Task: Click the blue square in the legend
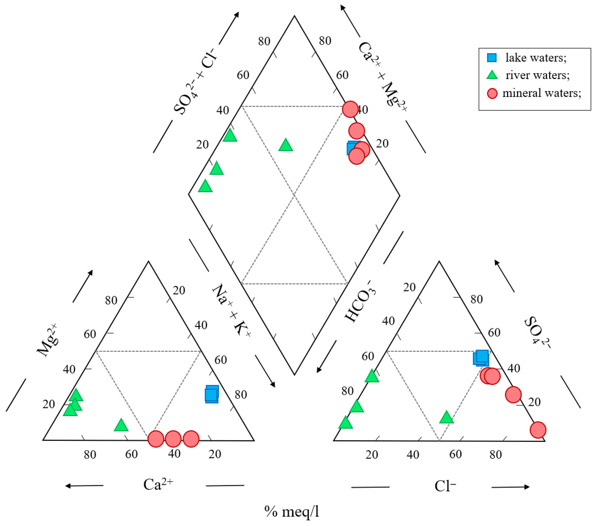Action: (492, 58)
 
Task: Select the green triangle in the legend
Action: (492, 75)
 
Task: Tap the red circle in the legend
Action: (492, 94)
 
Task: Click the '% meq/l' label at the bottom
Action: (292, 511)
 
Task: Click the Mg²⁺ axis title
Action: (47, 340)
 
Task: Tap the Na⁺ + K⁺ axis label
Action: (232, 311)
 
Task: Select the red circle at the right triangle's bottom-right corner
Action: (538, 430)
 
